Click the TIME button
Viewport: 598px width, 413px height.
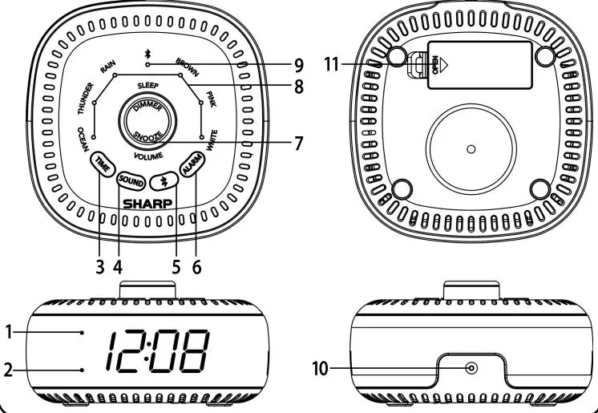[x=103, y=164]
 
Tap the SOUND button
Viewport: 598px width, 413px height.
[x=131, y=181]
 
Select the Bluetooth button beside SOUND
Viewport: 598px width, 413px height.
[x=164, y=181]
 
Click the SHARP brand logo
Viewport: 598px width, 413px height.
[x=147, y=204]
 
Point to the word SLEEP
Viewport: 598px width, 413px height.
[x=148, y=86]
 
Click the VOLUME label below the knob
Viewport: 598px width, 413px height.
[x=149, y=156]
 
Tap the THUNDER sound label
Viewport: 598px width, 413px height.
[x=86, y=99]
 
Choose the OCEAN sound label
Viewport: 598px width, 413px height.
[x=83, y=140]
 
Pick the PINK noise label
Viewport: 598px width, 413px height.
[x=211, y=99]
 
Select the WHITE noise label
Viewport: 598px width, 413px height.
[x=212, y=142]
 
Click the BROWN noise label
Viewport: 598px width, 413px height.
[x=187, y=67]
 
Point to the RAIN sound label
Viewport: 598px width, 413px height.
[x=107, y=67]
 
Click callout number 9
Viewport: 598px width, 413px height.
[x=299, y=66]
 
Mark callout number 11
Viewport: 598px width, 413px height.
[x=331, y=64]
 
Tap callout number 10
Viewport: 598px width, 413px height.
[x=321, y=369]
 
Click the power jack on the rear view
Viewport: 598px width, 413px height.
[x=472, y=368]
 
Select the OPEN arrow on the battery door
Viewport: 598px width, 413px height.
[x=443, y=65]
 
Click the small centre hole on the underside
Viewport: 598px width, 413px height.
[x=471, y=149]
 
